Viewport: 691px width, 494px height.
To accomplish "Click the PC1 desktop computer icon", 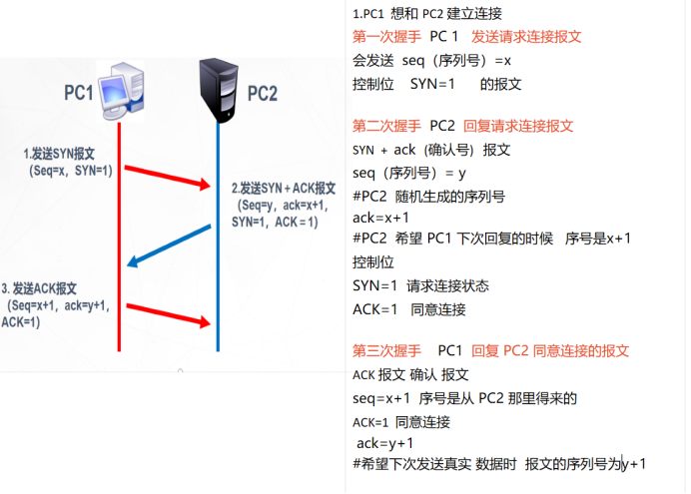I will (x=122, y=91).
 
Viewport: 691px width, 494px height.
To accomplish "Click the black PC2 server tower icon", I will (x=218, y=90).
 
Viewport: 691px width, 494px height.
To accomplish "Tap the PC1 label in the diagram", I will (x=78, y=93).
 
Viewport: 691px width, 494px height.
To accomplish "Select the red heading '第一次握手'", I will (x=387, y=37).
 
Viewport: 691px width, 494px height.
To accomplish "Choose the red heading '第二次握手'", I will (x=387, y=126).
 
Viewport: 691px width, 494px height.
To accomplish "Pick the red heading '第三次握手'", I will (x=387, y=351).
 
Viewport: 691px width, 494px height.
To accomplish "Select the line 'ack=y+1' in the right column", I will (x=385, y=443).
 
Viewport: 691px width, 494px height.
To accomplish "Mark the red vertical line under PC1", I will (x=119, y=240).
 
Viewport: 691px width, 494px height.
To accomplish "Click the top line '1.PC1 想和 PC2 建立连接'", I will (x=427, y=14).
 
